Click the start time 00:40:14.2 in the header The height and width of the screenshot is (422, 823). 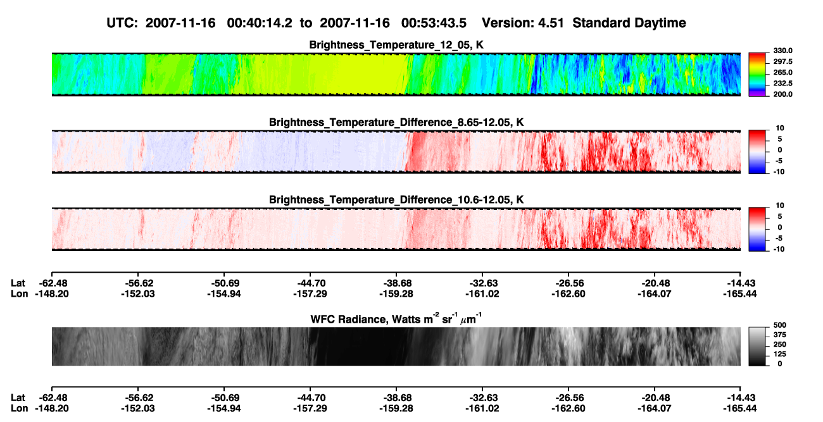coord(260,23)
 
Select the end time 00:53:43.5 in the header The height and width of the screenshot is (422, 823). coord(434,23)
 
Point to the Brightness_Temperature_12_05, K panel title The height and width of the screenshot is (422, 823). coord(396,45)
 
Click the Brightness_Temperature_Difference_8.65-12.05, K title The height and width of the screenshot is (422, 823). coord(396,122)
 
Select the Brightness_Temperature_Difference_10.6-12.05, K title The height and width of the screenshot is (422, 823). coord(396,200)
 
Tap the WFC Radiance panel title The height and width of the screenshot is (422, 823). coord(396,319)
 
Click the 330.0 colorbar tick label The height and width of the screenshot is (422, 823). coord(782,51)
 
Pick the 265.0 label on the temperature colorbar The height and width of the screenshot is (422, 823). coord(782,72)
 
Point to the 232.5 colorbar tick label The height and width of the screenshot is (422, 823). coord(782,84)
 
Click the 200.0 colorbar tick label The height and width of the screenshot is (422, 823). coord(782,94)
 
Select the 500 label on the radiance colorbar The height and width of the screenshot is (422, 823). coord(780,325)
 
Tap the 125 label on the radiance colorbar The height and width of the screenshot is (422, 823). coord(780,354)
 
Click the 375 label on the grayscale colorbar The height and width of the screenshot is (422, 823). coord(780,335)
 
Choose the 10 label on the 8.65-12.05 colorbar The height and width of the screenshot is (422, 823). coord(780,128)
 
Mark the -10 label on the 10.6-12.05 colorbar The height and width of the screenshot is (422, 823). coord(778,249)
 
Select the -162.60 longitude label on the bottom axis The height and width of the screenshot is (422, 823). coord(569,409)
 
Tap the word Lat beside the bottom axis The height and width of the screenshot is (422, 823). coord(18,398)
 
